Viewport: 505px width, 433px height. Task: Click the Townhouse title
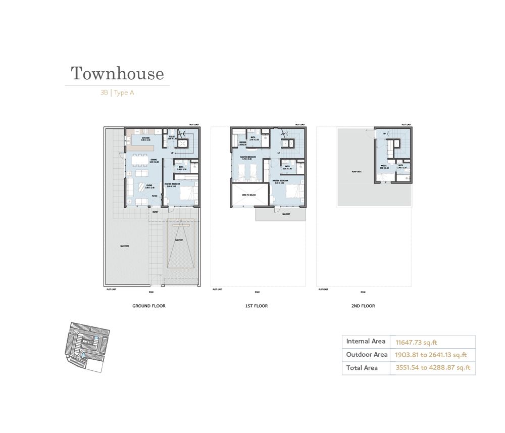[117, 74]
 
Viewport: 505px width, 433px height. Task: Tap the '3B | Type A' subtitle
[117, 93]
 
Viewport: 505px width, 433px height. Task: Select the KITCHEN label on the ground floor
[145, 138]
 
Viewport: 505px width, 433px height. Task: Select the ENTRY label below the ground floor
[155, 213]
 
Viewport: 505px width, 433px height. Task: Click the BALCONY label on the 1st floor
[286, 214]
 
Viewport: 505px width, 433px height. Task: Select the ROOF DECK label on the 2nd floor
[356, 172]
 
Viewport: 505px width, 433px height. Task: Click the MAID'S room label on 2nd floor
[383, 165]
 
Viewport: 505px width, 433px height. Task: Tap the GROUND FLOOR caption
[149, 306]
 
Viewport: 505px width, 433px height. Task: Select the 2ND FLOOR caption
[363, 306]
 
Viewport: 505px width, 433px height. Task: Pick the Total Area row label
[362, 368]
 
